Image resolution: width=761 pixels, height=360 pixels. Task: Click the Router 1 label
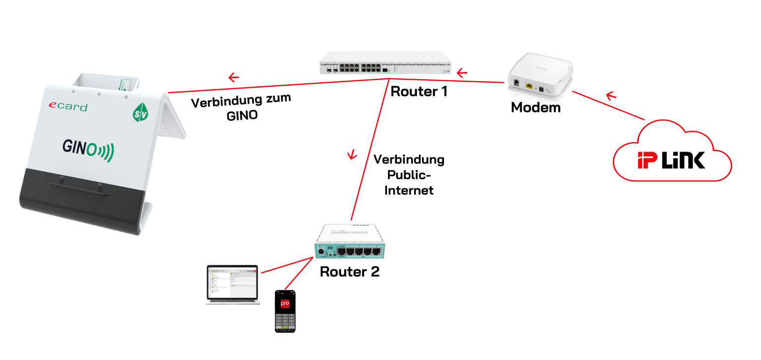(419, 92)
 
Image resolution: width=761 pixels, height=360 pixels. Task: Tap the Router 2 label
(350, 272)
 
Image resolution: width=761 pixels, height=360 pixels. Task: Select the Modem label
(536, 107)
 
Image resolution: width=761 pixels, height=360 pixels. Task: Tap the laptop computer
(233, 284)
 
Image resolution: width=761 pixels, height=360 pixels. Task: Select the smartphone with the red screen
(285, 311)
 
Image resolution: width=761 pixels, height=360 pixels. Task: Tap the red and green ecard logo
(67, 106)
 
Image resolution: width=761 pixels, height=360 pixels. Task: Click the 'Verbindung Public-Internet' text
(409, 175)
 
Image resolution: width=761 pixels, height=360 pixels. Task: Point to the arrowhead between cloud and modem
(611, 95)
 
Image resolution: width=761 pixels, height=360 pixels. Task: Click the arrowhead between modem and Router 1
(462, 74)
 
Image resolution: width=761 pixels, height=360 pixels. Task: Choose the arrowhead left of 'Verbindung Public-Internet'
(352, 155)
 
